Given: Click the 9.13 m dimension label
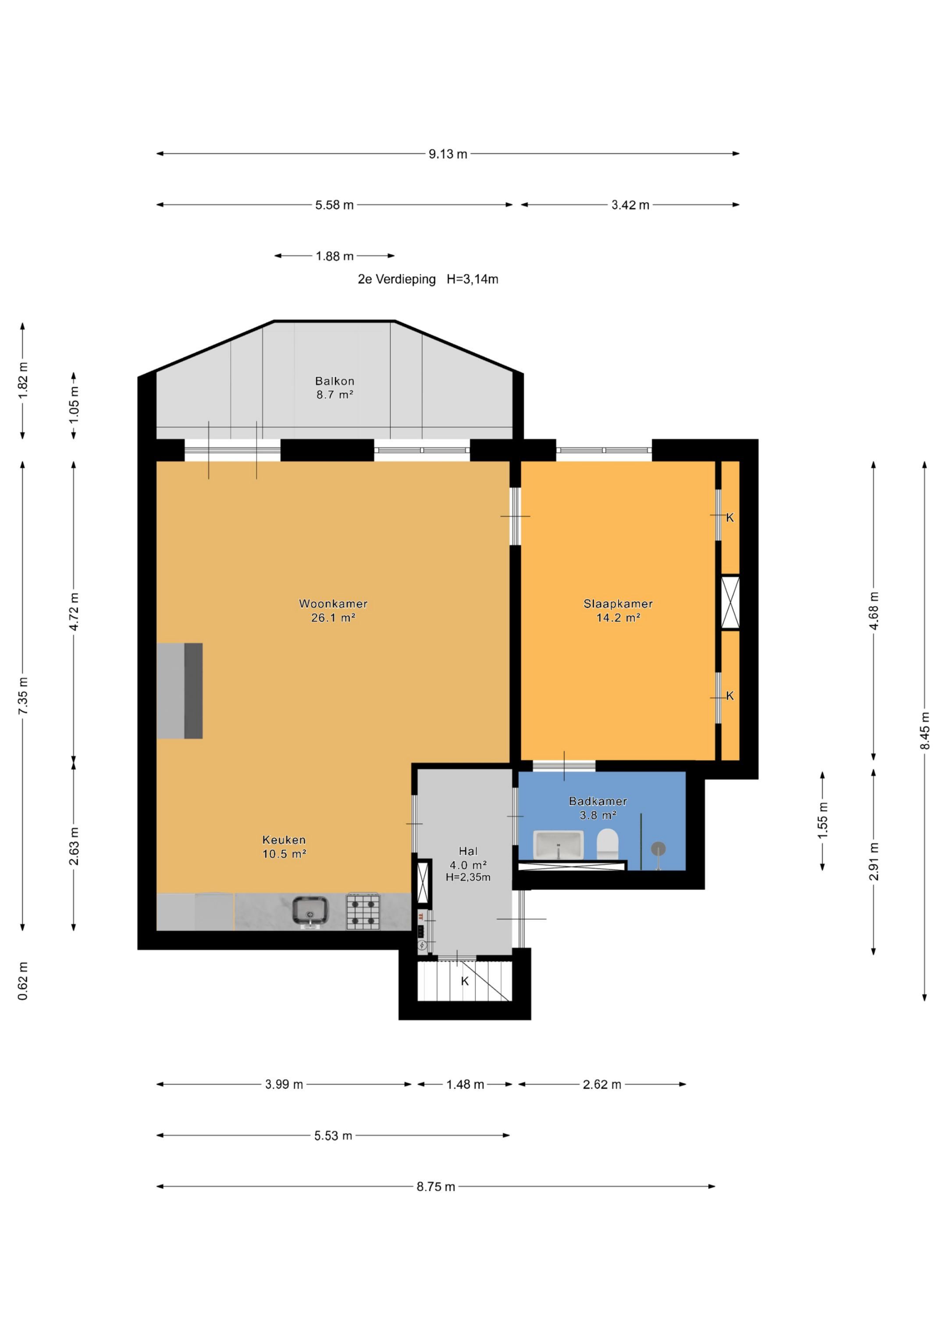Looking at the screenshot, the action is pos(448,154).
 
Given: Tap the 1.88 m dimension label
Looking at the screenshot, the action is pos(335,256).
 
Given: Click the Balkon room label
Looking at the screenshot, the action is pos(335,381).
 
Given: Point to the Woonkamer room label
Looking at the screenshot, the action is pos(333,604).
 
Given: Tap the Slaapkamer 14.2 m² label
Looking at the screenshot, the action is pos(618,611).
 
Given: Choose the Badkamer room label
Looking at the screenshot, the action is pos(598,801).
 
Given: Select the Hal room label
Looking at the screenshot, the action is pos(468,851).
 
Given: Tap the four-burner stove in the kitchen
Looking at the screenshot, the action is pos(363,911).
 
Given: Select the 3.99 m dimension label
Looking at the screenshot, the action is pos(284,1084).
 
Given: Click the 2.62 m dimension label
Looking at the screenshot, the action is pos(602,1084).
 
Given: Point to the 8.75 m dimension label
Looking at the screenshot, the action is pos(436,1186).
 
